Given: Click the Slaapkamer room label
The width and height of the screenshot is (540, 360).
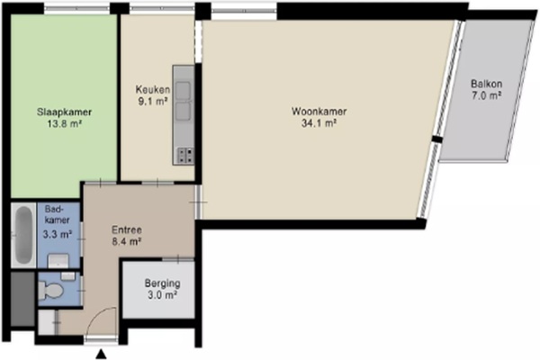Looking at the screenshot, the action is tap(64, 112).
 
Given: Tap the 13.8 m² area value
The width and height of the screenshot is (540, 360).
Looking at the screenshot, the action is tap(65, 123).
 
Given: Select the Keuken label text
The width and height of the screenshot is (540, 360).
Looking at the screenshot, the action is tap(153, 90).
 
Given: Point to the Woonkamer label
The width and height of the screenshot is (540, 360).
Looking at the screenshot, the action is tap(319, 112).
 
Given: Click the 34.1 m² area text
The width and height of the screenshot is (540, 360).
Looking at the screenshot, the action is tap(319, 123).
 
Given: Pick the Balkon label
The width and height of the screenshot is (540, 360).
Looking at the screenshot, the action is tap(486, 84).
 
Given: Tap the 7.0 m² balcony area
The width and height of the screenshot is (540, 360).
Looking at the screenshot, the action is tap(486, 95).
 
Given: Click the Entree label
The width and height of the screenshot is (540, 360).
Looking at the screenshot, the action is tap(127, 230).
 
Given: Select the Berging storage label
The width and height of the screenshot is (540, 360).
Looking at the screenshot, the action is tap(163, 283).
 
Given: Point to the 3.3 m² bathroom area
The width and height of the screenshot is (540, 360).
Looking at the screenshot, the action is tap(58, 235).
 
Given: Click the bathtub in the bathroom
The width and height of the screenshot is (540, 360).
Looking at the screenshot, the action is tap(23, 235).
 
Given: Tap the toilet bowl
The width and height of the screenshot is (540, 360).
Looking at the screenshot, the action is tap(50, 290).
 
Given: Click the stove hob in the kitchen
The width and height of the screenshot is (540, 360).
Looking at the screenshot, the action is tap(185, 155).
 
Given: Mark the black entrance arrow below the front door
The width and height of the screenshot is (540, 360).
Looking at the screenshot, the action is tap(101, 354).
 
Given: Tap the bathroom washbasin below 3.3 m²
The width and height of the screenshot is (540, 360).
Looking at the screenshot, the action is tap(58, 261).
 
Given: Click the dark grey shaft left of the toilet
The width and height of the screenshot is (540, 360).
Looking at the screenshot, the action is tap(23, 299).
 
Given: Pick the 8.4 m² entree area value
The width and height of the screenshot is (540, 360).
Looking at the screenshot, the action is tap(127, 242).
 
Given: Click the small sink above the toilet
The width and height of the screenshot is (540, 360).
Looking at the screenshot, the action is tap(67, 276).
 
